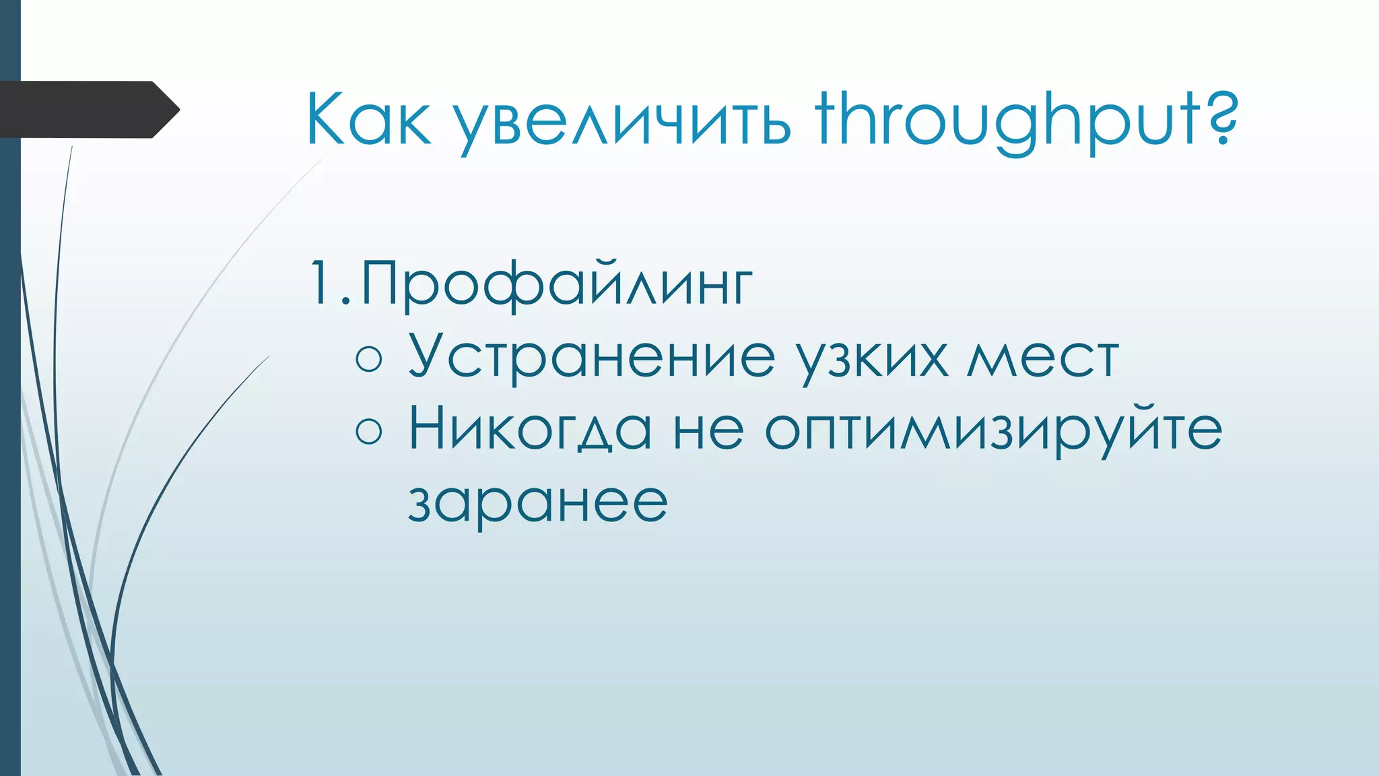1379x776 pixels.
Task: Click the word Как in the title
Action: (368, 120)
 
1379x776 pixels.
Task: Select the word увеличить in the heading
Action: (621, 123)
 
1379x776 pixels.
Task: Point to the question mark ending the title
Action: (1219, 119)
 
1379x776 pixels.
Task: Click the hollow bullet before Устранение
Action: (368, 358)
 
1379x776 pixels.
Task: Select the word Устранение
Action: (592, 357)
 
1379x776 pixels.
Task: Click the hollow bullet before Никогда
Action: (368, 430)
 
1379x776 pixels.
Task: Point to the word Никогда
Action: (531, 429)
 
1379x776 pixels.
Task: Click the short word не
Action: (708, 431)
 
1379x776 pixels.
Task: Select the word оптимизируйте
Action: (993, 431)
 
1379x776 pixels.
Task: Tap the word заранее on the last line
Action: (537, 503)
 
